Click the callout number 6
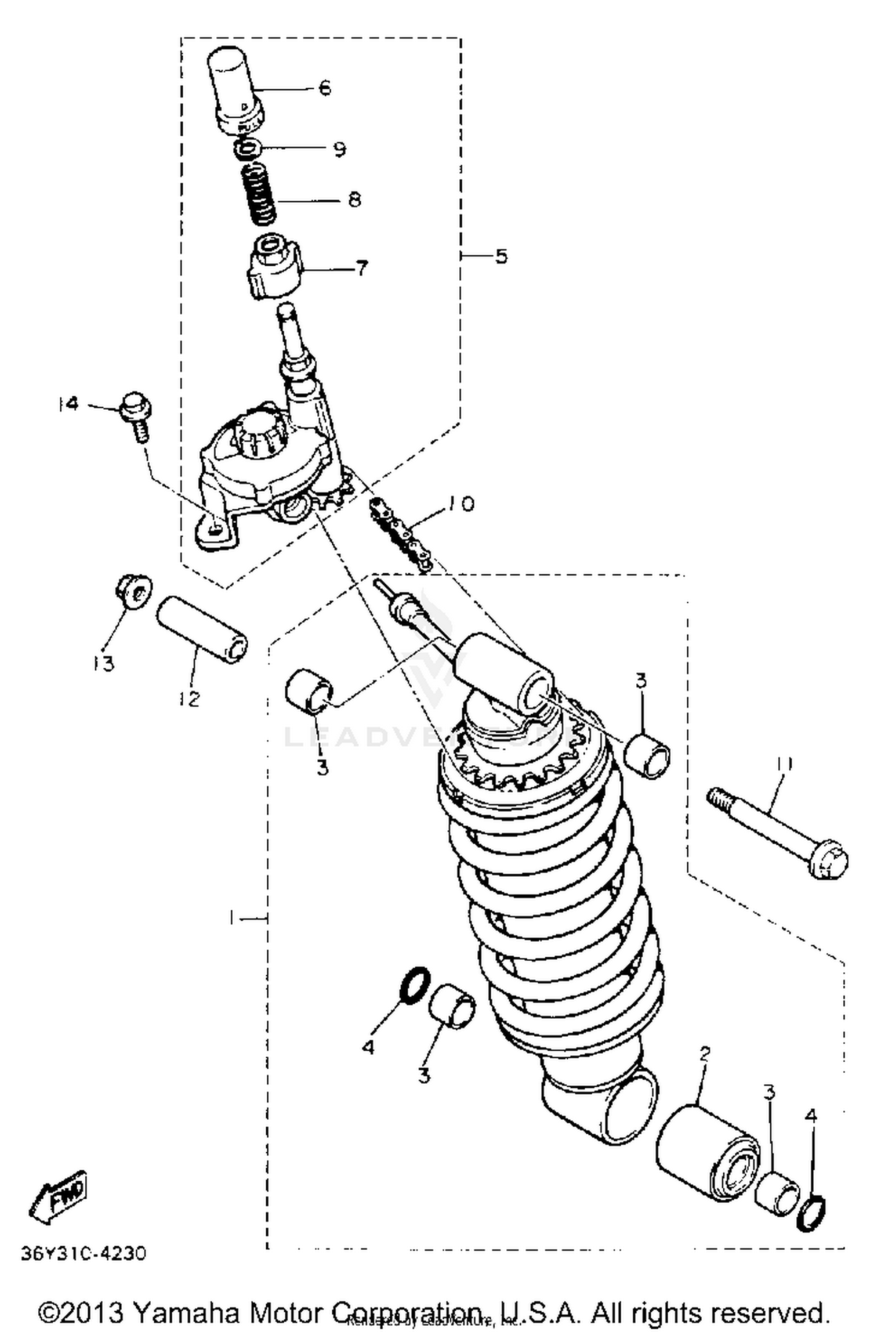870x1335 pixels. (324, 88)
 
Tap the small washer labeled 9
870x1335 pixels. (249, 149)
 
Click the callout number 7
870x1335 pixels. (360, 269)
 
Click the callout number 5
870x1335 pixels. (501, 256)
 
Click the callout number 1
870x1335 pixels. (232, 918)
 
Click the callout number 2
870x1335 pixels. (704, 1055)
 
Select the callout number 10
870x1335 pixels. (459, 504)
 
